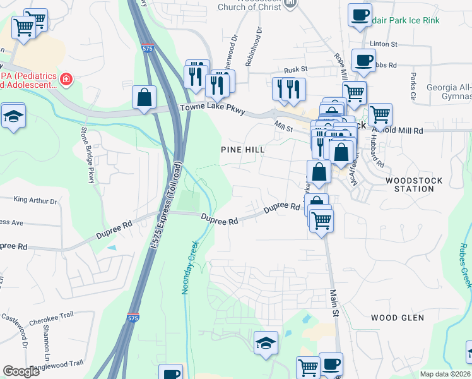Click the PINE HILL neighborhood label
[242, 150]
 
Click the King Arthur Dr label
[35, 201]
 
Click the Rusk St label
[295, 69]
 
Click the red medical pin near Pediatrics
[66, 80]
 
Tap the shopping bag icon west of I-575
[145, 97]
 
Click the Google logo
[21, 371]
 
